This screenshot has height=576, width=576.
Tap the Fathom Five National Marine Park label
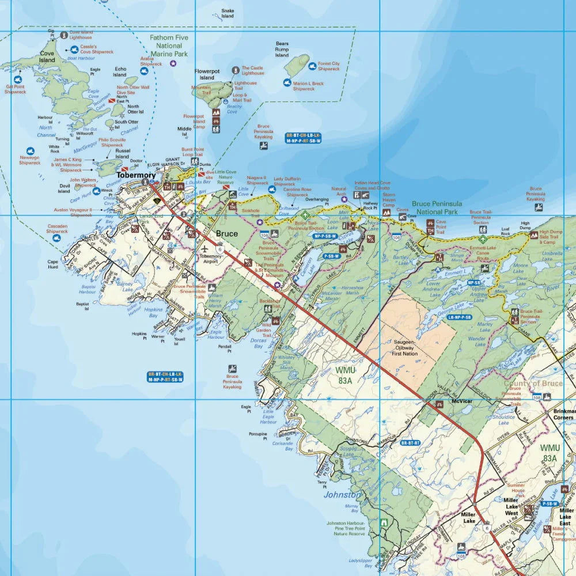tap(169, 46)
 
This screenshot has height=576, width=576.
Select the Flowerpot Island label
tap(207, 74)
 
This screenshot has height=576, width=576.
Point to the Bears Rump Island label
tap(282, 50)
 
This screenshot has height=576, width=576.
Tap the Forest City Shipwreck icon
tap(313, 66)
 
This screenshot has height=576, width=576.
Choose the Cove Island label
tap(47, 56)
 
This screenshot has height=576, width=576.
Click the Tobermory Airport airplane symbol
tap(206, 248)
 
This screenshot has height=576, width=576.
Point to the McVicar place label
tap(462, 401)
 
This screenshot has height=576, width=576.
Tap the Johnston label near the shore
tap(342, 494)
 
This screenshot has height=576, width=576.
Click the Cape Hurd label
tap(52, 264)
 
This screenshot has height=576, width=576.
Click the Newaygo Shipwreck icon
tap(30, 150)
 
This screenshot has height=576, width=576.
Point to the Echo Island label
tap(120, 71)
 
